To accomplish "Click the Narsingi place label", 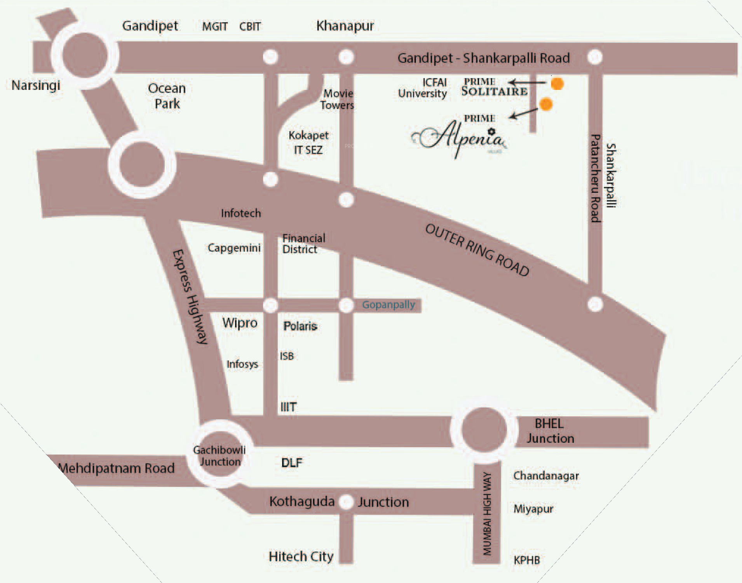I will (36, 85).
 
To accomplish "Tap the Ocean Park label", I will (167, 96).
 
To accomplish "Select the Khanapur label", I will (345, 26).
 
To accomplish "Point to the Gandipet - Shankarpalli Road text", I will (483, 58).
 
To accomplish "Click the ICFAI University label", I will (423, 88).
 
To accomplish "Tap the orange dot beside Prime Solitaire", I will (557, 84).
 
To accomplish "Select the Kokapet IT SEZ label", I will (308, 143).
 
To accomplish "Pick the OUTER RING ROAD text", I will (477, 250).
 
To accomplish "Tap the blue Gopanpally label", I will (388, 305).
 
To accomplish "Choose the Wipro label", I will (240, 323).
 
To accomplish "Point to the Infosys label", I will (242, 364).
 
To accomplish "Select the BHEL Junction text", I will (550, 431).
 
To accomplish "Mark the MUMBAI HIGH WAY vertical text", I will (487, 513).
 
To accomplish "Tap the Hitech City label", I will (301, 557).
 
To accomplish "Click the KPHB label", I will (526, 560).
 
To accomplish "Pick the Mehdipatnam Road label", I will (117, 468).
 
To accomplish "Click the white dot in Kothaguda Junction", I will (346, 502).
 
